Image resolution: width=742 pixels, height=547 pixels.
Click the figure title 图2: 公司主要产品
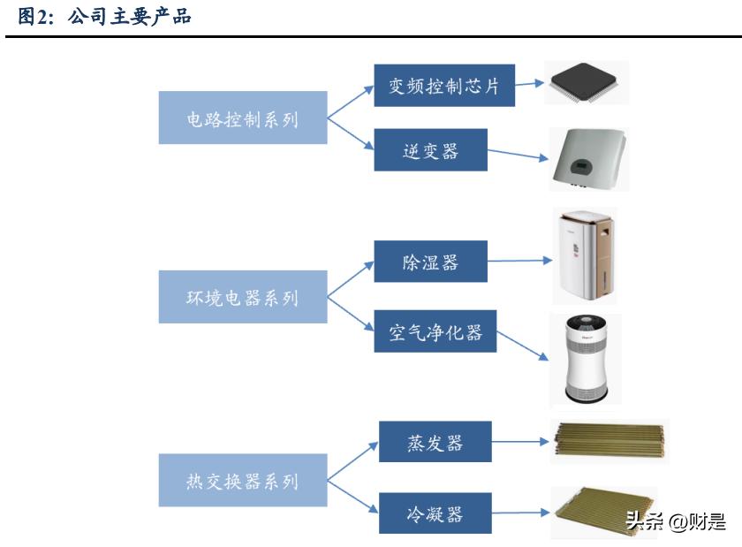pos(105,15)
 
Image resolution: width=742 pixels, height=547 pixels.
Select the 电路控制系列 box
pos(243,118)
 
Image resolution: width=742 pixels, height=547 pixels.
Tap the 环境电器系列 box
pos(243,298)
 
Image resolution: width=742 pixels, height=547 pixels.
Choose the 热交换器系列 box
pos(243,481)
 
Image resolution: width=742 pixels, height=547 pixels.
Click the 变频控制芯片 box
pos(444,86)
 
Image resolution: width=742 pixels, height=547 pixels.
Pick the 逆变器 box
pos(430,150)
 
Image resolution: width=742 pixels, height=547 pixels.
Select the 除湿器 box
pos(430,262)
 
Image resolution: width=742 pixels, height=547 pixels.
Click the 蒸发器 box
pos(435,441)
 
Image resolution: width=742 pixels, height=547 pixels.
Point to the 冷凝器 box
pos(435,513)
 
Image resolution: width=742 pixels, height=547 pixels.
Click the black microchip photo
pos(587,84)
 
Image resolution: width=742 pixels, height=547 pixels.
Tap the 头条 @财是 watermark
pos(675,521)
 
